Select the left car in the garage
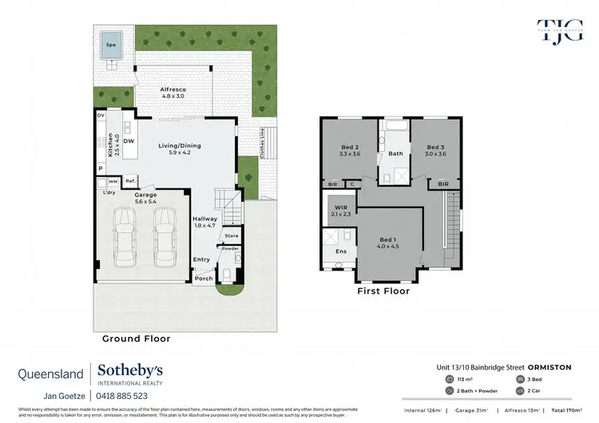click(x=125, y=236)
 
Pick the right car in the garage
click(x=164, y=236)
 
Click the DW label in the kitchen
click(x=129, y=140)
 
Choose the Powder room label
click(x=230, y=248)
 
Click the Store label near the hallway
click(x=231, y=235)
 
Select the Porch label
click(x=204, y=278)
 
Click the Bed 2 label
click(x=351, y=147)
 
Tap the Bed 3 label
click(x=435, y=147)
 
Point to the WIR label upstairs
click(x=339, y=208)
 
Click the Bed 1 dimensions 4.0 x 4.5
click(x=387, y=246)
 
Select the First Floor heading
click(x=383, y=291)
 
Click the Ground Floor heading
click(x=136, y=338)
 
